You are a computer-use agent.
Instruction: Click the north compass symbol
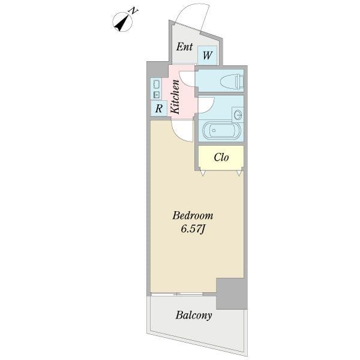122,22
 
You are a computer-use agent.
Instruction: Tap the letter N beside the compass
133,11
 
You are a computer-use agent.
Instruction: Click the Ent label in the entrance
184,47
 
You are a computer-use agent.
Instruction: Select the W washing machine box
207,55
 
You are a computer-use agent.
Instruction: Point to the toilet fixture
232,81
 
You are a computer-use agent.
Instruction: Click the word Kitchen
175,97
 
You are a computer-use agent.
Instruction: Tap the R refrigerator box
159,109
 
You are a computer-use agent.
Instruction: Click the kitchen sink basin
157,84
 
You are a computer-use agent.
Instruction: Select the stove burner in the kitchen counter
157,95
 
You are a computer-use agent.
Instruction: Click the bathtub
222,130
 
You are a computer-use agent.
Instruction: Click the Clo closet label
221,157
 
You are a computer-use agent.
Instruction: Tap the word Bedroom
193,216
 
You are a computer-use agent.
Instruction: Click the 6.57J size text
193,229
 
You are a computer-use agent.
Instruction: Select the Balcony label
194,315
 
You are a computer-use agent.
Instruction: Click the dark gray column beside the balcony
232,293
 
